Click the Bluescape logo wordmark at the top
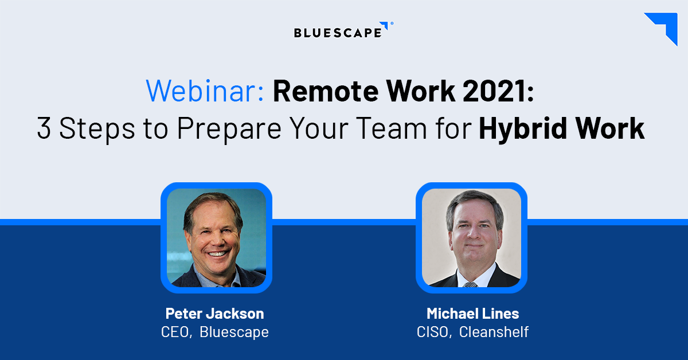(337, 32)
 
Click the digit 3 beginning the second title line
(44, 129)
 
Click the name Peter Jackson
(214, 314)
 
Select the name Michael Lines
(472, 314)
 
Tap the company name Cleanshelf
(494, 332)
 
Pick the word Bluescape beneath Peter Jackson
(234, 332)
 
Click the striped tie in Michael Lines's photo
(471, 283)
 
